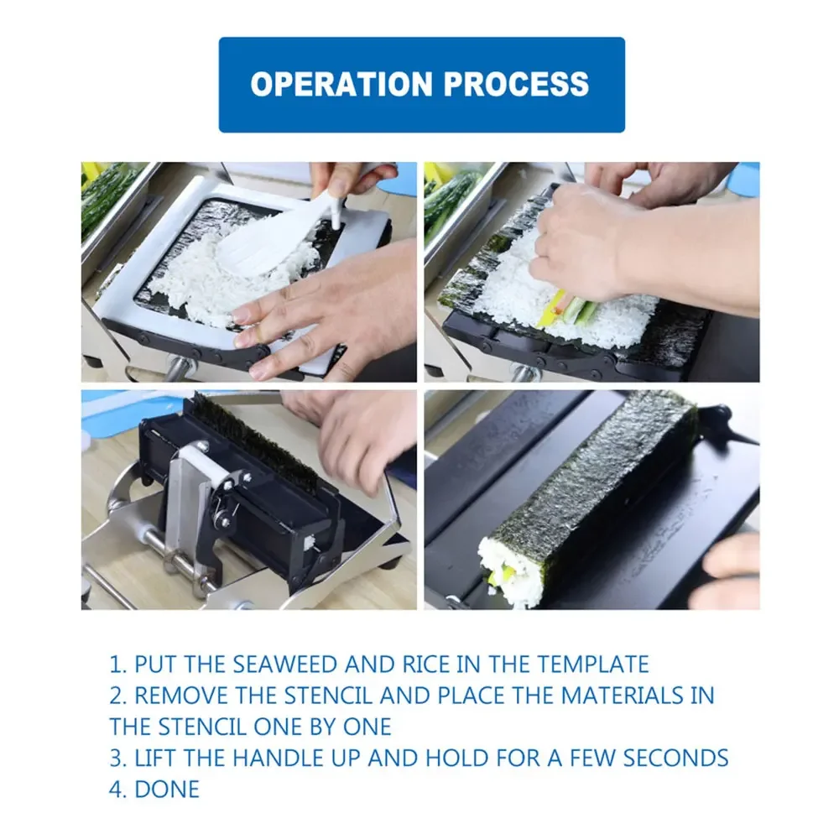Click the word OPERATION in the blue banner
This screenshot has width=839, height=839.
tap(341, 84)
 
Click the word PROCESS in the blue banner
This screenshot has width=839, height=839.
tap(516, 84)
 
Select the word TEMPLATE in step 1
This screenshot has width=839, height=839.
tap(593, 664)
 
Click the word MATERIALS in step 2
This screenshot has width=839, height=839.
tap(623, 696)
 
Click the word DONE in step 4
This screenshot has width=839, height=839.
tap(167, 789)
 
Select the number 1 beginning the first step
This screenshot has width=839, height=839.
tap(115, 664)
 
